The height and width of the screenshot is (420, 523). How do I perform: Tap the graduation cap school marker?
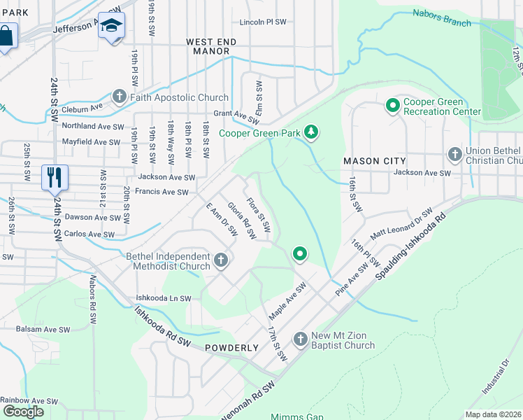pos(110,27)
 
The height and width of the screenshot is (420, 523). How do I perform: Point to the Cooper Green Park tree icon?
pos(311,132)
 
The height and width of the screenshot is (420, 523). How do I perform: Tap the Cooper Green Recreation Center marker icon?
pos(393,106)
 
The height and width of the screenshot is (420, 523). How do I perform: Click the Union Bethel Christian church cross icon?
pos(455,153)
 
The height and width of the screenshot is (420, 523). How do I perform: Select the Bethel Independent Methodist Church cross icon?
pos(221,260)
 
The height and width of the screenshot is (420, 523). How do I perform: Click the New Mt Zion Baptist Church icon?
pos(301,339)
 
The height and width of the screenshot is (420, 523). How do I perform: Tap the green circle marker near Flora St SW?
pos(300,253)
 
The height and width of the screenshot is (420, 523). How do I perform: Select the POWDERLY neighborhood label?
pos(232,348)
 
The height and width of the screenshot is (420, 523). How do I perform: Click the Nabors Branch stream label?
pos(442,17)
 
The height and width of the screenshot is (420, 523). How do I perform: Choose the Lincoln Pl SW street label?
pos(263,22)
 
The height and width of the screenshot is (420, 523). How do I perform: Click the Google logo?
pos(23,412)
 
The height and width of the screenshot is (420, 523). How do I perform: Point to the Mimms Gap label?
pos(297,417)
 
